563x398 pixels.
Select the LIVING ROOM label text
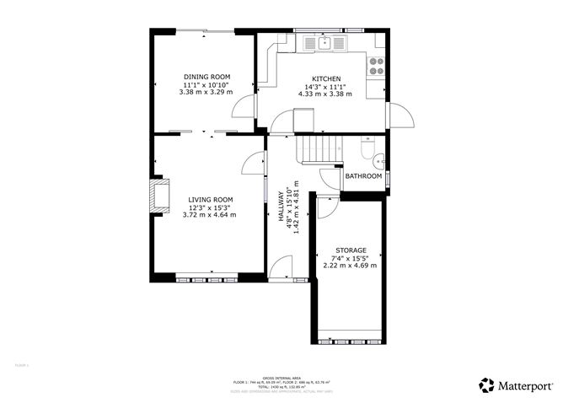pyautogui.click(x=209, y=200)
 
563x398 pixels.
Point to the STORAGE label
pyautogui.click(x=350, y=250)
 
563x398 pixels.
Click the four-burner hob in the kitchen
pyautogui.click(x=377, y=67)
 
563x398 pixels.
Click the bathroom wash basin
pyautogui.click(x=379, y=159)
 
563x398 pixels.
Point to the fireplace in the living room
pyautogui.click(x=158, y=195)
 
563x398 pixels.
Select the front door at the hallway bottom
pyautogui.click(x=281, y=272)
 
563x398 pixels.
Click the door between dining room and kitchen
pyautogui.click(x=245, y=106)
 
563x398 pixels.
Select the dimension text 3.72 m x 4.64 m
pyautogui.click(x=209, y=215)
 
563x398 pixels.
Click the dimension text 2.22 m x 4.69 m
pyautogui.click(x=350, y=266)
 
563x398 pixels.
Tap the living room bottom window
pyautogui.click(x=209, y=277)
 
